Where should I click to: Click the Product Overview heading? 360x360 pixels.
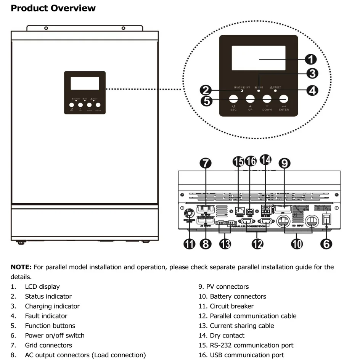pyautogui.click(x=53, y=8)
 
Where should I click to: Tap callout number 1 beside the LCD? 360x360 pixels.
pyautogui.click(x=311, y=59)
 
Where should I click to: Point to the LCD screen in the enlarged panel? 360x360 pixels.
pyautogui.click(x=259, y=58)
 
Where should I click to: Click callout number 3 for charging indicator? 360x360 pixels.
pyautogui.click(x=312, y=74)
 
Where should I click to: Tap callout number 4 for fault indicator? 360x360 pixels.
pyautogui.click(x=312, y=90)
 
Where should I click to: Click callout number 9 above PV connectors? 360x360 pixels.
pyautogui.click(x=284, y=163)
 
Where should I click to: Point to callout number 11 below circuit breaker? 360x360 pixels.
pyautogui.click(x=190, y=243)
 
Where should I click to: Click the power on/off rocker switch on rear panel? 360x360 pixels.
pyautogui.click(x=326, y=219)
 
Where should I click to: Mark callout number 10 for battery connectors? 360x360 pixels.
pyautogui.click(x=297, y=243)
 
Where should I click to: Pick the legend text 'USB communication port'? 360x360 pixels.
pyautogui.click(x=247, y=355)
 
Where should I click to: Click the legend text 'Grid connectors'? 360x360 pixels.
pyautogui.click(x=48, y=345)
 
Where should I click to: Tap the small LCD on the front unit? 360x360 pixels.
pyautogui.click(x=85, y=83)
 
